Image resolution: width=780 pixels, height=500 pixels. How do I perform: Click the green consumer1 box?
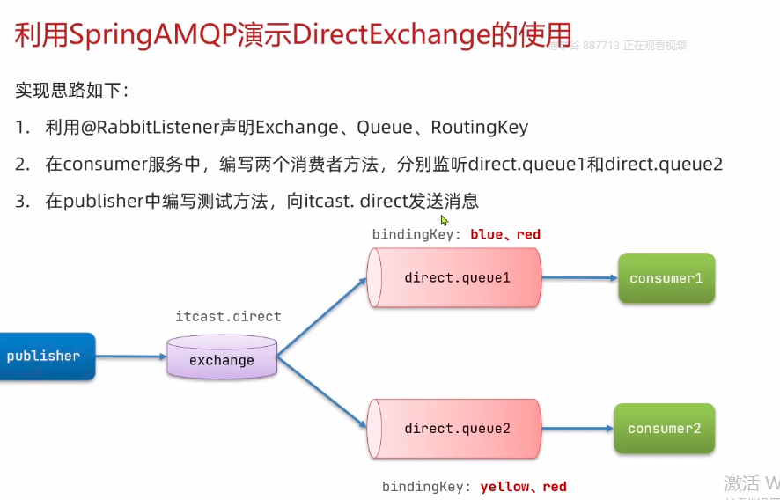(x=666, y=278)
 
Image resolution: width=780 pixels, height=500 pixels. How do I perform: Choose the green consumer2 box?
(x=664, y=429)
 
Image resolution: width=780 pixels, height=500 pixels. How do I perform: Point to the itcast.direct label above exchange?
(x=228, y=316)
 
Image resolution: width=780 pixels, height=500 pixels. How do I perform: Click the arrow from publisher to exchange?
(x=130, y=357)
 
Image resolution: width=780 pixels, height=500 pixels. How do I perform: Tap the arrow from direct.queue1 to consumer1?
(x=578, y=278)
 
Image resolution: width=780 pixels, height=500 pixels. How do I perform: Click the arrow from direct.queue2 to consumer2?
(x=576, y=429)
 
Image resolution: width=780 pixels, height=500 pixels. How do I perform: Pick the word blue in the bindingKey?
(x=487, y=234)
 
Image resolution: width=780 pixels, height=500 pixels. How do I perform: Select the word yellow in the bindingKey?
(x=504, y=487)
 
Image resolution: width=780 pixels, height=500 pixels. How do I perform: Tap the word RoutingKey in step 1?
(x=479, y=127)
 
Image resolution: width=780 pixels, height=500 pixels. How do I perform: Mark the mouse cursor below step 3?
(x=445, y=220)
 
